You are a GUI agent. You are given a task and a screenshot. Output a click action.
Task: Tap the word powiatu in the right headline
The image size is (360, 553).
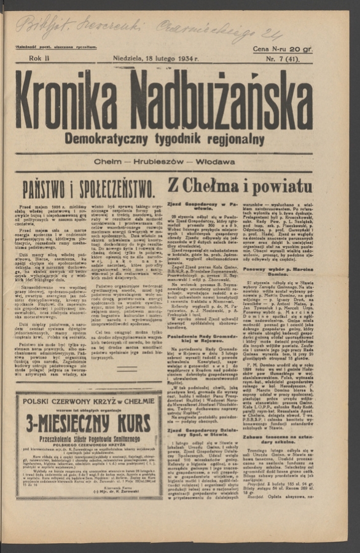281,185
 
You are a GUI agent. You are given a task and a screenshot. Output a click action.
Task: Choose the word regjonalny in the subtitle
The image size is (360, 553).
235,139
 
